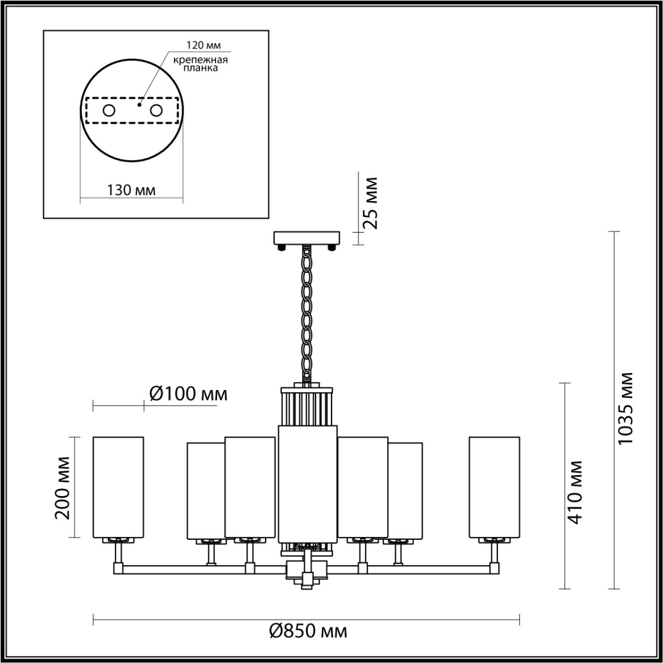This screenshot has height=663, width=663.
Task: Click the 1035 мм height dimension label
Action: [626, 408]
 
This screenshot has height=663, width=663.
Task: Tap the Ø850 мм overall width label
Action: [308, 631]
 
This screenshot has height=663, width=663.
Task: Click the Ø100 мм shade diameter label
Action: [188, 394]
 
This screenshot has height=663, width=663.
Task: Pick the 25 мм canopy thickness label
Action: [370, 203]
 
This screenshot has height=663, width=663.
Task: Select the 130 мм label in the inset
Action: [131, 190]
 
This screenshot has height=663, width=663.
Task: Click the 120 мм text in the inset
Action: [200, 46]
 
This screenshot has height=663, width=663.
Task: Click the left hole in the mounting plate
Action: [109, 110]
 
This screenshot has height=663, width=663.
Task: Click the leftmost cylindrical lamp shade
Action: [118, 487]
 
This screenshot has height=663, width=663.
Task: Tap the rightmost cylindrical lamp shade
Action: [494, 487]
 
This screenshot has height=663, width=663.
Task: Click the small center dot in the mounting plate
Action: [139, 104]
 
